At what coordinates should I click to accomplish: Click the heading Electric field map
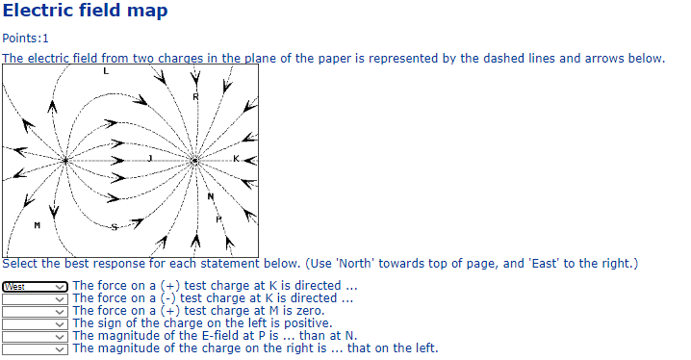coord(85,12)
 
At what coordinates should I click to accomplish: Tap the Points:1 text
coord(25,39)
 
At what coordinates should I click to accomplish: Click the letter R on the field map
coord(195,96)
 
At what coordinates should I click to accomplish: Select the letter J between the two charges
coord(149,157)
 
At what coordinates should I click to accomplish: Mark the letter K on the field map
coord(236,157)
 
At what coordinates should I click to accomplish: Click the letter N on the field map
coord(211,196)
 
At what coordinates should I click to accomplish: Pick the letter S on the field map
coord(115,227)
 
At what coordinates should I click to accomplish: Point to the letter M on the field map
coord(37,224)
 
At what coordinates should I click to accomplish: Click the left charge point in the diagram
coord(65,160)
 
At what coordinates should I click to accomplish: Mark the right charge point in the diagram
coord(194,161)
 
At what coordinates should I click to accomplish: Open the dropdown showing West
coord(36,286)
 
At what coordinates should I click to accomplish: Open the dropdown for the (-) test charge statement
coord(36,298)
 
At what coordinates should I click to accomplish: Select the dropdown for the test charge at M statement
coord(36,311)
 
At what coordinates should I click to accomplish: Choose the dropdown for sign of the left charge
coord(36,323)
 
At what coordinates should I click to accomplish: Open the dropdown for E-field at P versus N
coord(36,336)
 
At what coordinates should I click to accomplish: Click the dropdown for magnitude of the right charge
coord(36,348)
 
